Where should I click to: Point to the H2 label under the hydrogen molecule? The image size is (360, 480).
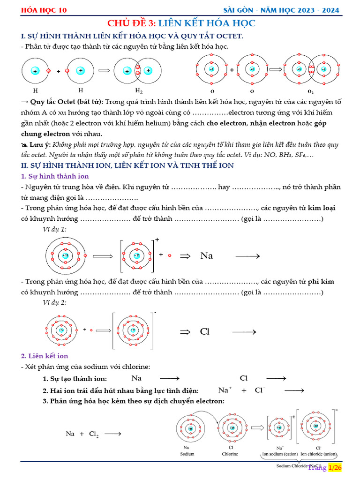point(139,91)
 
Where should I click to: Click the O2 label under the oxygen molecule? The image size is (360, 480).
point(310,91)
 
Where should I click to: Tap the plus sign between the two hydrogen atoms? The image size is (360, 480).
point(59,71)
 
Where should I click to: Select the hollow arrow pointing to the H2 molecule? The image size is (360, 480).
point(104,71)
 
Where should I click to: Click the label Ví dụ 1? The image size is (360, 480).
point(54,229)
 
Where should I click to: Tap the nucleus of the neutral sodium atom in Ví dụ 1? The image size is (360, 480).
point(64,255)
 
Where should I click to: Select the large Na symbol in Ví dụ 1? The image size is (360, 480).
point(206,256)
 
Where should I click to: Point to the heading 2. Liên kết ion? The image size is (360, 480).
point(45,356)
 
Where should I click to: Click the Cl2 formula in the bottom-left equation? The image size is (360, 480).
point(94,434)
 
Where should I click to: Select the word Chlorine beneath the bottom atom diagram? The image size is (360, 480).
point(230,454)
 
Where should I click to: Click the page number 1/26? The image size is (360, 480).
point(334,468)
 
